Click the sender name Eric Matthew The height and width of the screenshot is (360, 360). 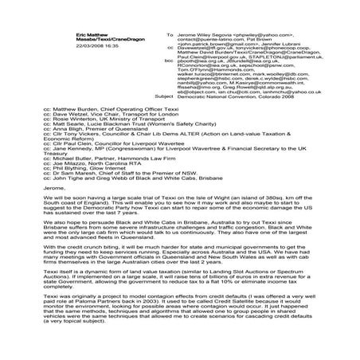(45, 36)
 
